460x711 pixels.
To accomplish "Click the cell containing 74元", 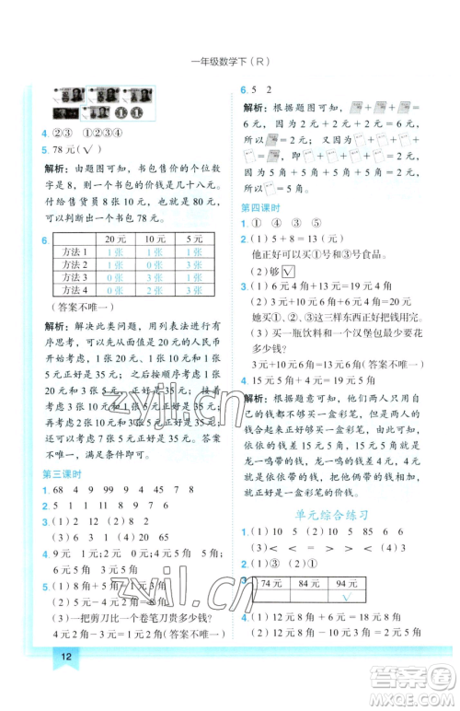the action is [x=270, y=583].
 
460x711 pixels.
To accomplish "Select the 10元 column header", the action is [x=155, y=239].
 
